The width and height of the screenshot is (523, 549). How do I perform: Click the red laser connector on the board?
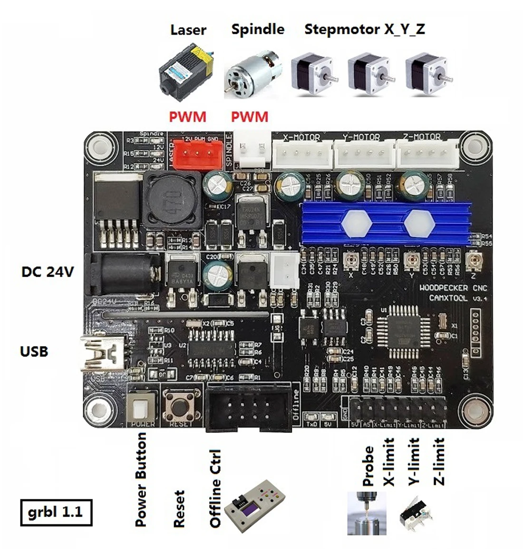[x=196, y=154]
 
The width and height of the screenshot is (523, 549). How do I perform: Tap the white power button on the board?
[x=142, y=407]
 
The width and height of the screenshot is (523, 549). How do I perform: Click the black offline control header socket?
[x=249, y=407]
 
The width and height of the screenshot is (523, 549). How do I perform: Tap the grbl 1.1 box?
[x=56, y=512]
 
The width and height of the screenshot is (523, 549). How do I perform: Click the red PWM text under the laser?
[x=188, y=116]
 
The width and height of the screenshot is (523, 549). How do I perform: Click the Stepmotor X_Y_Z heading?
[x=364, y=29]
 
